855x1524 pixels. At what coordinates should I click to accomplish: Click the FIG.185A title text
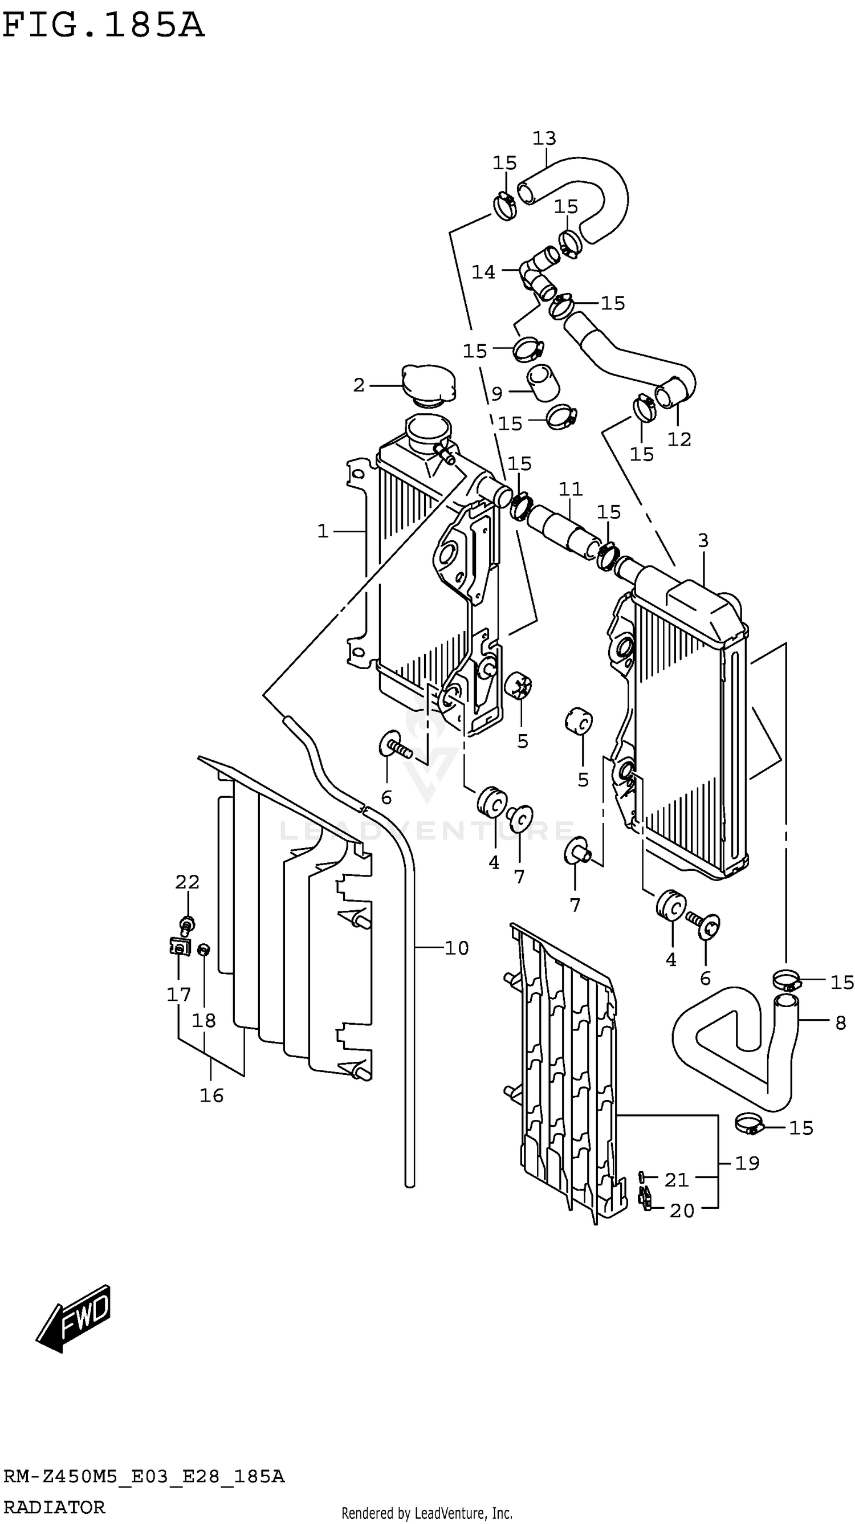click(104, 27)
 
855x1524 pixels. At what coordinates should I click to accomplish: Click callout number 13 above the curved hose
click(544, 138)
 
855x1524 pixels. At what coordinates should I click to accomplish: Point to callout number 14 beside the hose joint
click(483, 272)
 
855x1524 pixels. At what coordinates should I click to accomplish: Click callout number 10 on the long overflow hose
click(456, 948)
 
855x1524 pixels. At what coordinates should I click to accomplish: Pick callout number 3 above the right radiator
click(702, 540)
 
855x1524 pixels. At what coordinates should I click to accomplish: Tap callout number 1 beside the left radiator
click(323, 531)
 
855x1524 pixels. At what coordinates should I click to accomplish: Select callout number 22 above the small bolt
click(187, 882)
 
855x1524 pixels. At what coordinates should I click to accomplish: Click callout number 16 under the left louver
click(211, 1095)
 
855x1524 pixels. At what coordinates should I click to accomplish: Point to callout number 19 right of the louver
click(747, 1164)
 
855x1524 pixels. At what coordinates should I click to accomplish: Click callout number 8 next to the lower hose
click(840, 1023)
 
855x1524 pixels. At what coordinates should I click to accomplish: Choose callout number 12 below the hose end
click(679, 439)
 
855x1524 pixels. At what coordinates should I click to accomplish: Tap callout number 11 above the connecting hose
click(571, 489)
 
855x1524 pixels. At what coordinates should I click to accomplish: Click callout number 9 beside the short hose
click(496, 393)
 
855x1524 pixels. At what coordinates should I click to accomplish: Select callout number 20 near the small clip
click(682, 1211)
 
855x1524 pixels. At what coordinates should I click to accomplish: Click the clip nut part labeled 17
click(178, 947)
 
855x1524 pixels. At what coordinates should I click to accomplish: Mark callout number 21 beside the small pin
click(677, 1180)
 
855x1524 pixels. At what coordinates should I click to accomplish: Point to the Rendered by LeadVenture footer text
click(426, 1513)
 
